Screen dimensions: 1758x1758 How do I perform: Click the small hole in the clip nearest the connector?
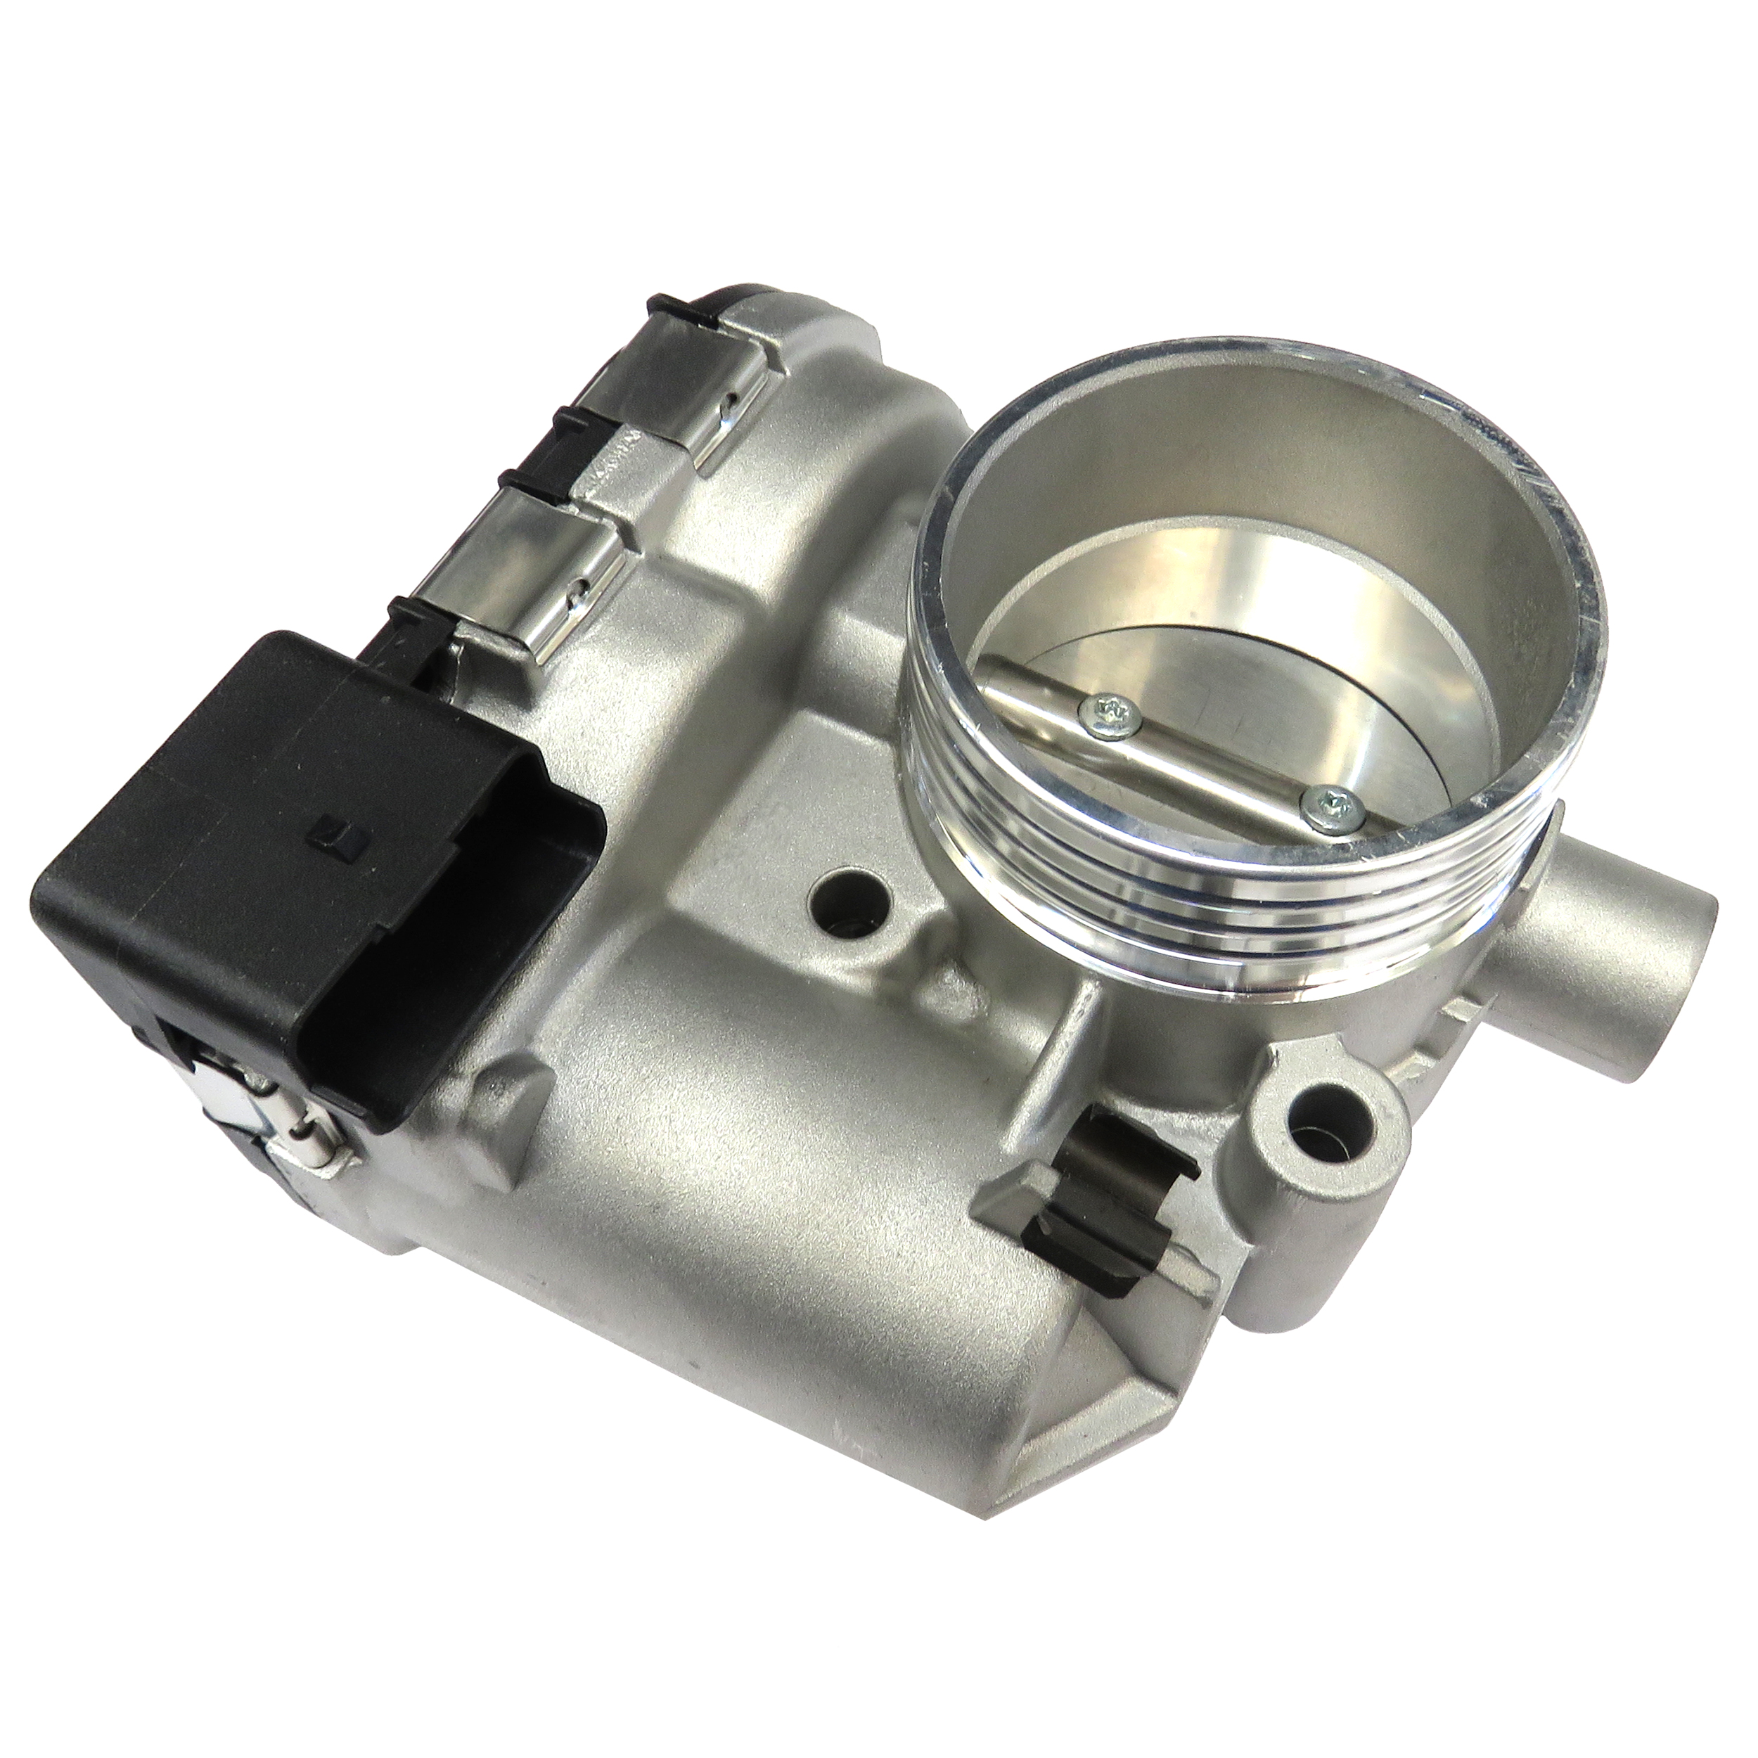pyautogui.click(x=576, y=598)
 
